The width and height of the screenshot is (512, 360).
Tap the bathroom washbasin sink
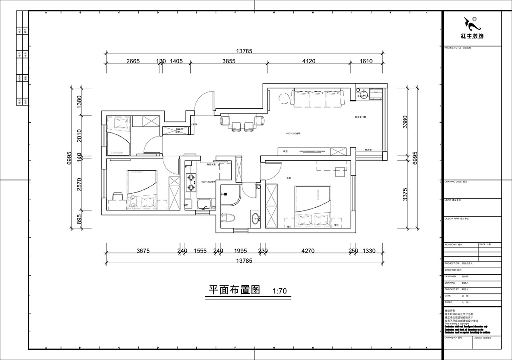[x=256, y=219]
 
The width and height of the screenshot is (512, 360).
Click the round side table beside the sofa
[x=282, y=99]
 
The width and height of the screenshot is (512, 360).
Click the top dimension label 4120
[x=308, y=61]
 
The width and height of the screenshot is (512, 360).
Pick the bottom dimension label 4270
[x=308, y=251]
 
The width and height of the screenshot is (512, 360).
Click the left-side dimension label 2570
[x=79, y=186]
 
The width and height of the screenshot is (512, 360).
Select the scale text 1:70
[x=279, y=292]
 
